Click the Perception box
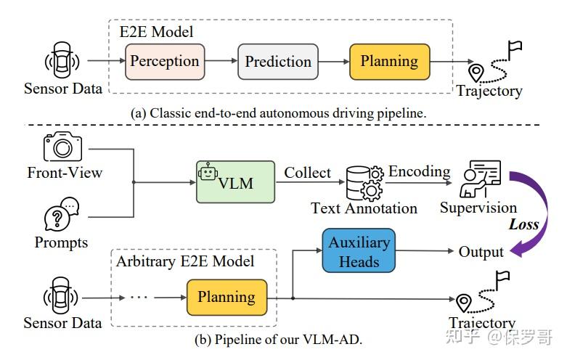pos(164,62)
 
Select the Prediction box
pos(278,62)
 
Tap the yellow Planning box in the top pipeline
pos(390,62)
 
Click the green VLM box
pos(236,182)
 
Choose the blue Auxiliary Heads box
pos(359,252)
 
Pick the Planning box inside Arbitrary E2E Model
pos(227,297)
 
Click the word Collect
pos(307,173)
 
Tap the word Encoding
pos(419,171)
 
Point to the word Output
pos(481,252)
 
